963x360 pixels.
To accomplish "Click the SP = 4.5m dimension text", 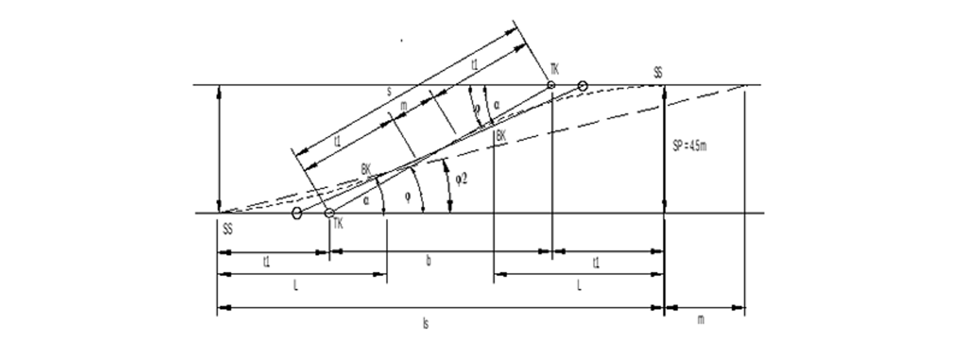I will (689, 146).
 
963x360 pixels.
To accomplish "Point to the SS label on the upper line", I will (658, 73).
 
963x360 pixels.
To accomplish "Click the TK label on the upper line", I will (554, 69).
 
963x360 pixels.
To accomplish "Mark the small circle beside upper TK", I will (551, 85).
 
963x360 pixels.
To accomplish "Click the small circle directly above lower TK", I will (329, 213).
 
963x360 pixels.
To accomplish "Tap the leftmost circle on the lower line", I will (296, 213).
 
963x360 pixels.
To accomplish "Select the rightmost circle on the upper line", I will (582, 85).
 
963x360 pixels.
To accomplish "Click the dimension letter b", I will (428, 261).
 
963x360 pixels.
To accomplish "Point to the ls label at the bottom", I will (426, 324).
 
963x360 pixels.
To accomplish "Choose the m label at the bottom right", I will (701, 320).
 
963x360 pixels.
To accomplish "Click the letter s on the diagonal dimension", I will (389, 92).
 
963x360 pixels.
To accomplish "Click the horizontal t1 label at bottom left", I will (266, 262).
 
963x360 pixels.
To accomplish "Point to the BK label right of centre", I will (500, 135).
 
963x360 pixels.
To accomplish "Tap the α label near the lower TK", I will (365, 201).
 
